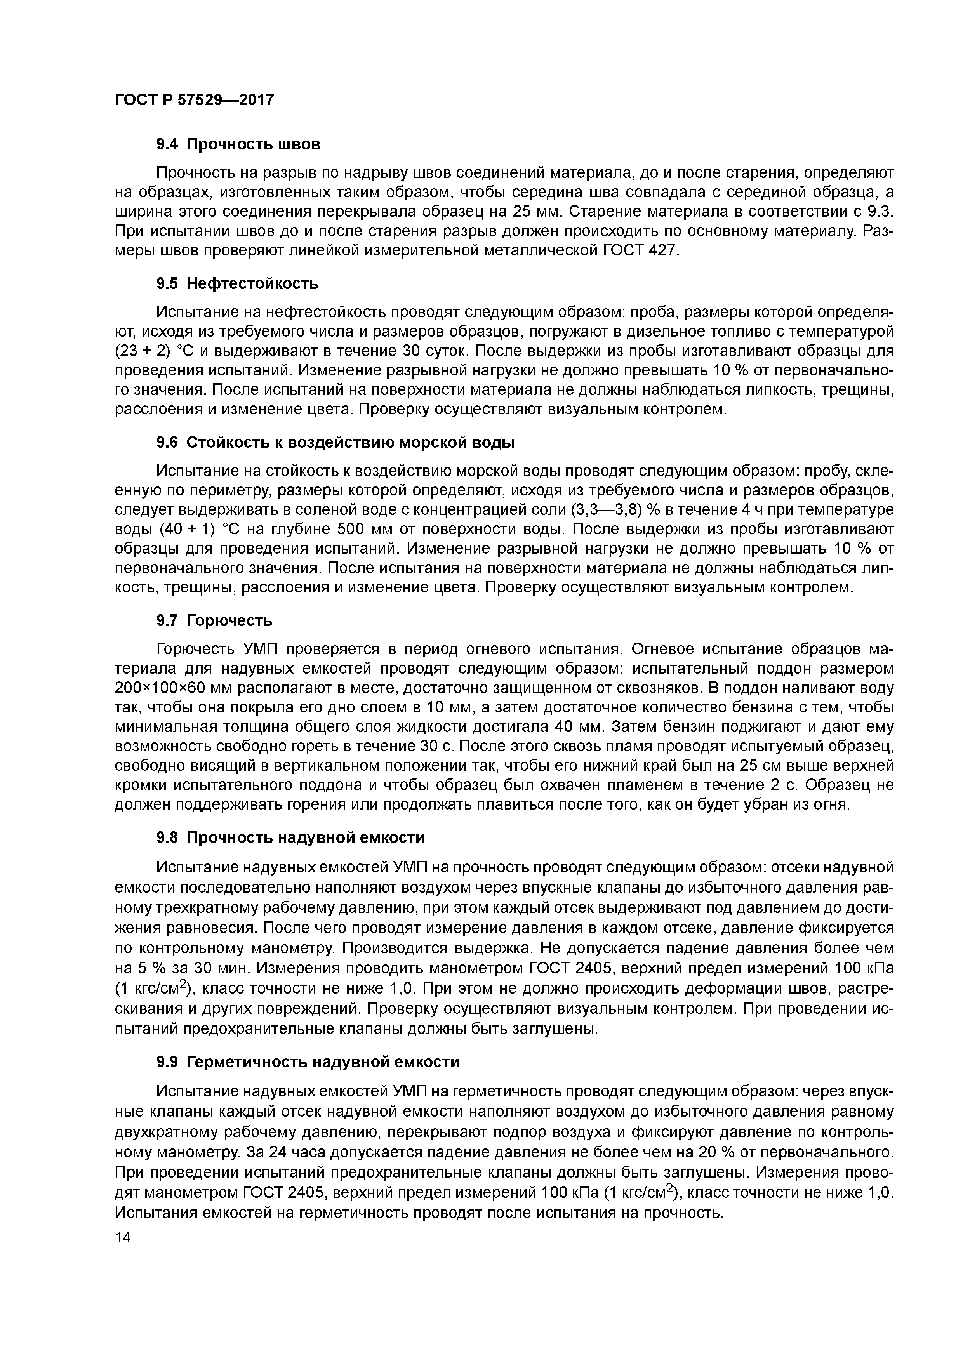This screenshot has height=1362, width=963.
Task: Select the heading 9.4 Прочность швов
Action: pyautogui.click(x=238, y=144)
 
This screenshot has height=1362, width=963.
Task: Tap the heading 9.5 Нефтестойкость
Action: pyautogui.click(x=237, y=283)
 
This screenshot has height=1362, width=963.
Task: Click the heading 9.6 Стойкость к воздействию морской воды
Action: pyautogui.click(x=335, y=443)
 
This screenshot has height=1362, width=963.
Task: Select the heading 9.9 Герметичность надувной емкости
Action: pyautogui.click(x=308, y=1062)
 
